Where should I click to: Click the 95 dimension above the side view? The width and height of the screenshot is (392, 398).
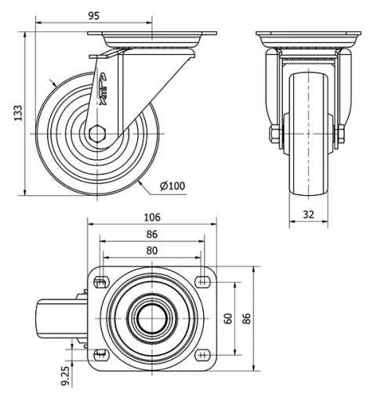tap(93, 15)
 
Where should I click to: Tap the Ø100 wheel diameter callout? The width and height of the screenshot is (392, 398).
tap(172, 186)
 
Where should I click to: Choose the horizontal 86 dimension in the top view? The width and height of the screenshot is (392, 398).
tap(151, 234)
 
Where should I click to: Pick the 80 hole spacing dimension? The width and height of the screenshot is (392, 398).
tap(151, 251)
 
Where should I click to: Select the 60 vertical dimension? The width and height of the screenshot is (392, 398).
tap(228, 318)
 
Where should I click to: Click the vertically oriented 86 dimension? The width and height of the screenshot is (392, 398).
tap(246, 318)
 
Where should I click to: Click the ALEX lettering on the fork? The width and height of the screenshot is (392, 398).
tap(103, 89)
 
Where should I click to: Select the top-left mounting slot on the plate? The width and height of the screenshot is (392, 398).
tap(100, 282)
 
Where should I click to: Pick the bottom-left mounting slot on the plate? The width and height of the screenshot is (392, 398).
tap(100, 354)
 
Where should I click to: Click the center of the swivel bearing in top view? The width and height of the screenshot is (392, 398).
tap(151, 318)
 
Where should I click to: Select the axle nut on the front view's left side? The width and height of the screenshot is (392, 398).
tap(274, 136)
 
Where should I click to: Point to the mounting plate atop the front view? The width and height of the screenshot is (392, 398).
tap(307, 36)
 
